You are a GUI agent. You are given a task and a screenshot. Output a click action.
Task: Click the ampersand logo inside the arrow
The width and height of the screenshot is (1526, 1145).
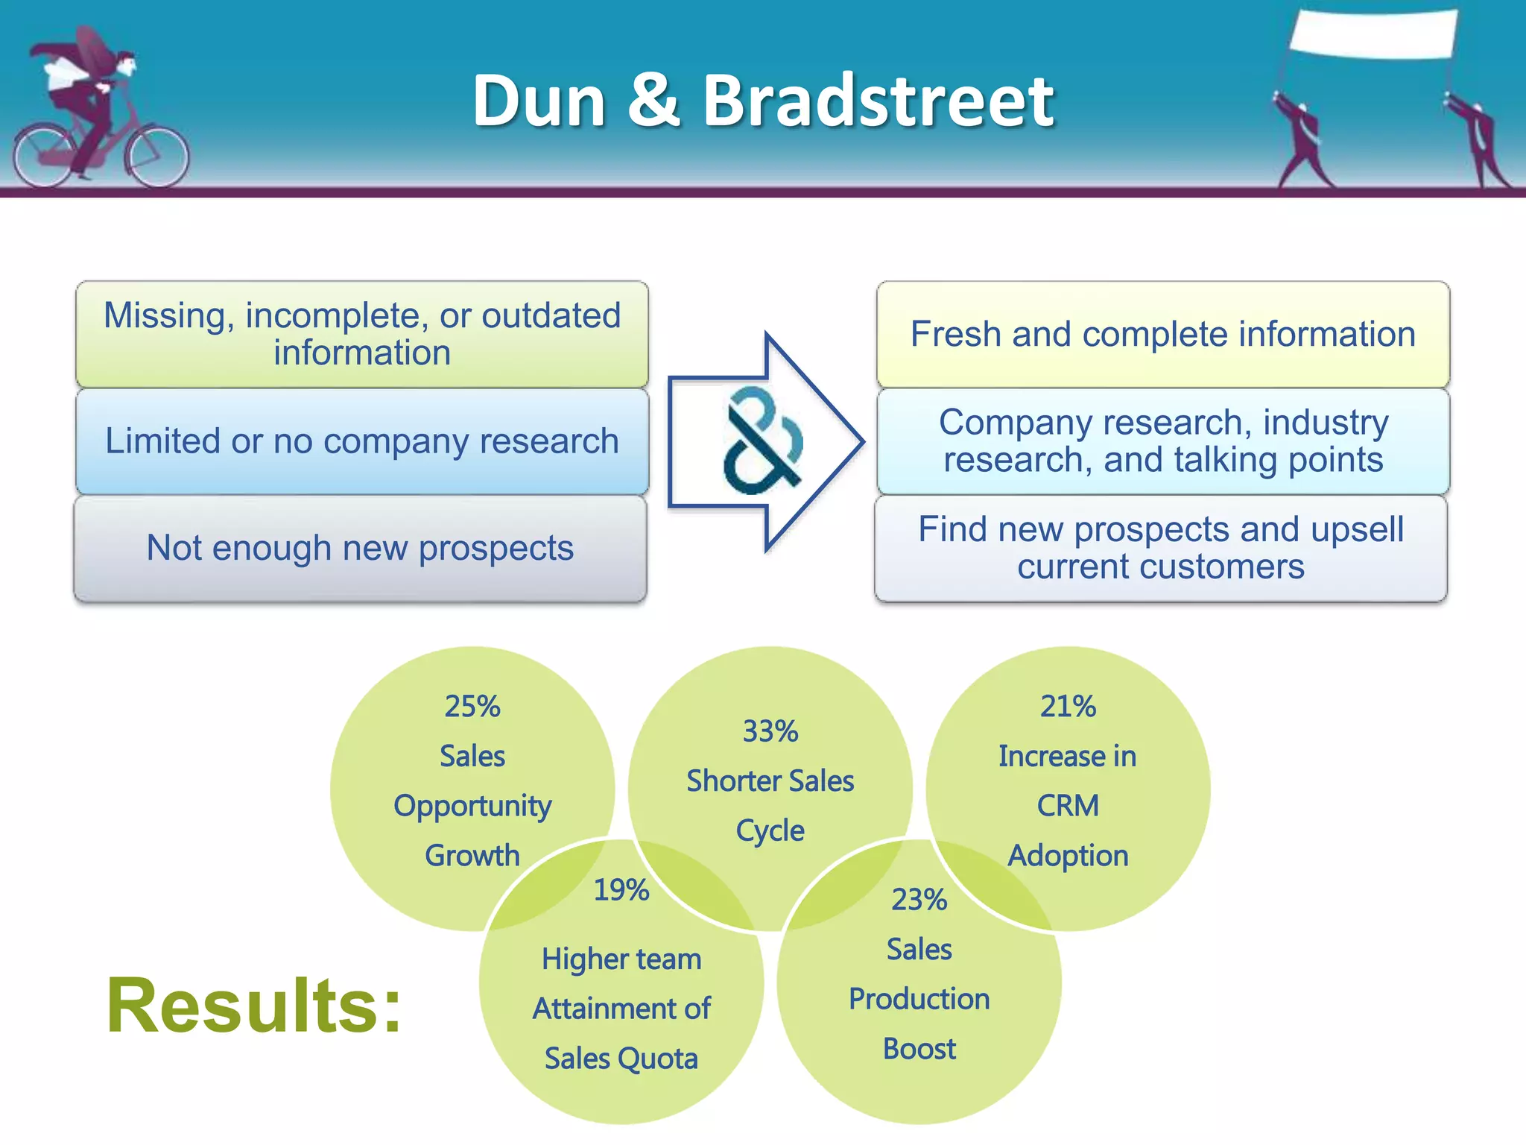coord(762,441)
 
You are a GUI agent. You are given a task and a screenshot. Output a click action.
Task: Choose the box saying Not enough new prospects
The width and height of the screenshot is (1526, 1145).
coord(360,549)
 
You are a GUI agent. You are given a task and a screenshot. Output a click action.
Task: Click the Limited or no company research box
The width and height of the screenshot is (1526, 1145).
coord(362,441)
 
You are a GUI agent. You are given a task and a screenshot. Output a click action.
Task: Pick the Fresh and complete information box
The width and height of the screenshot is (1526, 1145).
coord(1162,334)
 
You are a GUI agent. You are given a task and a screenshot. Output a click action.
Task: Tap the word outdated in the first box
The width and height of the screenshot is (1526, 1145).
coord(551,315)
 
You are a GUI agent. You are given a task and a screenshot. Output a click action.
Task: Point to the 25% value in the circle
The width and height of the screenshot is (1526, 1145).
coord(472,706)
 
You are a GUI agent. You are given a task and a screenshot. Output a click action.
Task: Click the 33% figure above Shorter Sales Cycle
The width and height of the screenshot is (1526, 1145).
coord(770,731)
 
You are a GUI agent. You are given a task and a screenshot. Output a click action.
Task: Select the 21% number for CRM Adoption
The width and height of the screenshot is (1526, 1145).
coord(1067,706)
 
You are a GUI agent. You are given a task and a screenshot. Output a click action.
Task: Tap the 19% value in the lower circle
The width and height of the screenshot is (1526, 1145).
coord(621,889)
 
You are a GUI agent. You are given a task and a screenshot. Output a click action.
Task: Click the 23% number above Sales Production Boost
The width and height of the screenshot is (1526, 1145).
coord(919,900)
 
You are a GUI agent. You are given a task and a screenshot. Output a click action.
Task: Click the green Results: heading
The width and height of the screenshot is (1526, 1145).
coord(254,1006)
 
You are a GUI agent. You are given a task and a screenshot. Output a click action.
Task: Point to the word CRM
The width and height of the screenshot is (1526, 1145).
coord(1067,806)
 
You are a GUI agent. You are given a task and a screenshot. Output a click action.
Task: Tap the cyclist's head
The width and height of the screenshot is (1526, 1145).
coord(127,65)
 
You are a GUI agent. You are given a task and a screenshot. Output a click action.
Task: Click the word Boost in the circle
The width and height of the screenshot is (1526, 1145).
coord(919,1049)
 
